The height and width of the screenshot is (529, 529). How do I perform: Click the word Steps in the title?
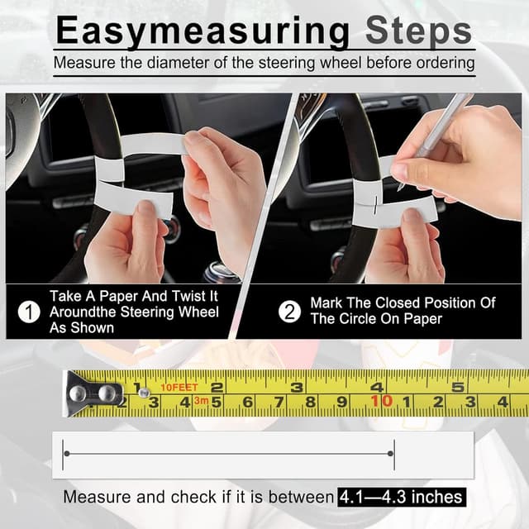click(x=417, y=32)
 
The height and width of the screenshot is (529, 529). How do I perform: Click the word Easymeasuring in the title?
click(x=203, y=32)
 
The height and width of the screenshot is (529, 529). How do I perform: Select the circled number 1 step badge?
click(x=30, y=312)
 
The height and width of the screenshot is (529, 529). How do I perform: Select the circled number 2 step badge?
click(x=290, y=312)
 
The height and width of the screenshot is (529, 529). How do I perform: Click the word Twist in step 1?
click(x=177, y=296)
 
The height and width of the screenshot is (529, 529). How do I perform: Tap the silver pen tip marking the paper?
click(x=400, y=183)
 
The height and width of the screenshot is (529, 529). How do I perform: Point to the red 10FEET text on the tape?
click(x=179, y=387)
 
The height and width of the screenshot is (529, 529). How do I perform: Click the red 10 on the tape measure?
click(x=381, y=402)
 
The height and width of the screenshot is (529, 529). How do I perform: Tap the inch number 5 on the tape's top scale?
click(x=455, y=386)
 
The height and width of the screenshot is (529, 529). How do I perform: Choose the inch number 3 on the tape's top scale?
click(x=297, y=386)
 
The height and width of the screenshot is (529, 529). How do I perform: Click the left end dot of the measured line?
click(x=66, y=454)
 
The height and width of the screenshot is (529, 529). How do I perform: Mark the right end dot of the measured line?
click(x=393, y=454)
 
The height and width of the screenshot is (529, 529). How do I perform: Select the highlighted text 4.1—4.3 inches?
click(x=400, y=498)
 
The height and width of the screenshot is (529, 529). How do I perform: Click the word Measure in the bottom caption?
click(x=94, y=498)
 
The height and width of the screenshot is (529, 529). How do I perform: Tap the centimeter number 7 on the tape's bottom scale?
click(x=279, y=403)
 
